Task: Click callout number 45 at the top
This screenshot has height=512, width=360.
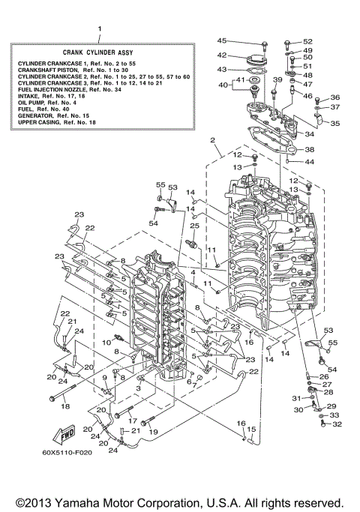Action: (x=222, y=40)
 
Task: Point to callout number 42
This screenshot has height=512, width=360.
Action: (x=222, y=55)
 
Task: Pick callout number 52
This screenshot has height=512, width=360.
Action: (x=307, y=41)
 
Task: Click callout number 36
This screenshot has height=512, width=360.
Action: (x=334, y=97)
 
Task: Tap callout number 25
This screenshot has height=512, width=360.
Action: (x=193, y=226)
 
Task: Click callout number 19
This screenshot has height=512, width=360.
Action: (x=154, y=433)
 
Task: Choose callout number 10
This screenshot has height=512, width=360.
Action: (x=107, y=342)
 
